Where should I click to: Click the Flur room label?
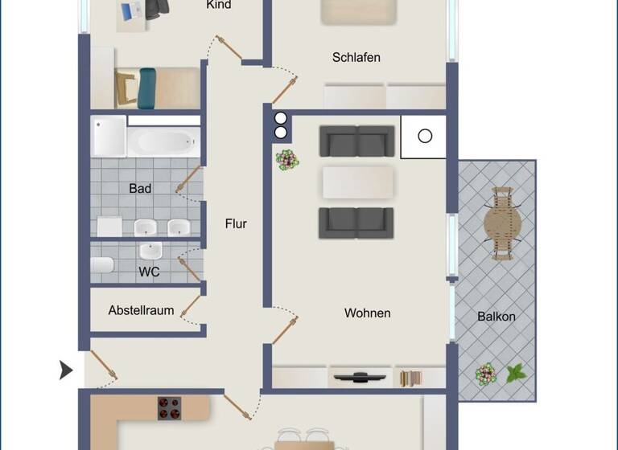pyautogui.click(x=236, y=224)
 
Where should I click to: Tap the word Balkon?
pyautogui.click(x=496, y=317)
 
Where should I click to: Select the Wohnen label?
pyautogui.click(x=368, y=313)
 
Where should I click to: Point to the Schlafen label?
pyautogui.click(x=356, y=58)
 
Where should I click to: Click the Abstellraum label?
pyautogui.click(x=141, y=310)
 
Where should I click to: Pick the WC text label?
pyautogui.click(x=149, y=272)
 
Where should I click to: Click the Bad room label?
pyautogui.click(x=140, y=189)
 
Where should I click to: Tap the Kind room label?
pyautogui.click(x=219, y=5)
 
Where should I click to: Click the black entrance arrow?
pyautogui.click(x=66, y=370)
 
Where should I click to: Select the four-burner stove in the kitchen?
pyautogui.click(x=169, y=408)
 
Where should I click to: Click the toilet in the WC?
pyautogui.click(x=102, y=265)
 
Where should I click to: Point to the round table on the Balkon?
pyautogui.click(x=502, y=224)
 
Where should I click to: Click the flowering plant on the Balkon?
pyautogui.click(x=485, y=374)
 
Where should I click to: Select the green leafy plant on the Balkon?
pyautogui.click(x=515, y=374)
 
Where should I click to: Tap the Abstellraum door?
pyautogui.click(x=190, y=307)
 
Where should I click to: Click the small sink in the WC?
pyautogui.click(x=150, y=251)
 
